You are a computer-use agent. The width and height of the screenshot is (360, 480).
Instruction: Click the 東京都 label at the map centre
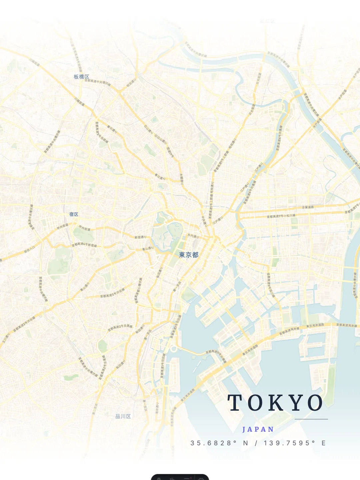(x=189, y=255)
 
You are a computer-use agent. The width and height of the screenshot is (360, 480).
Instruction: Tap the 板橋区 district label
(x=81, y=77)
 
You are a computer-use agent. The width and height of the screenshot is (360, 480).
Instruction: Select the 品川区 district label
(x=123, y=416)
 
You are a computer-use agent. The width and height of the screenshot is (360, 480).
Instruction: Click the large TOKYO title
(x=275, y=403)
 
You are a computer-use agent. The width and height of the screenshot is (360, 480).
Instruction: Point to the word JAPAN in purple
(x=258, y=429)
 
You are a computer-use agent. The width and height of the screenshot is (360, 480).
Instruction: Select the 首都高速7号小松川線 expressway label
(x=281, y=216)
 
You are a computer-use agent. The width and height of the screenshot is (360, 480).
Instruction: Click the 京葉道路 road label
(x=308, y=207)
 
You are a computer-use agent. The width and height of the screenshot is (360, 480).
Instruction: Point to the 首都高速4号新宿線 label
(x=84, y=245)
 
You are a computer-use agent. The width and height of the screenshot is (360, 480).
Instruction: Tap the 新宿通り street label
(x=140, y=237)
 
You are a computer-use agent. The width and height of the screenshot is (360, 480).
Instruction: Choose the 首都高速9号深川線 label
(x=271, y=285)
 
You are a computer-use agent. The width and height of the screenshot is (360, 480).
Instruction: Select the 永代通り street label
(x=193, y=236)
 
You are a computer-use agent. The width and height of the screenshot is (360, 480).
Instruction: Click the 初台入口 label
(x=29, y=249)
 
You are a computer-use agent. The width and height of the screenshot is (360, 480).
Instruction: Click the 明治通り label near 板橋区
(x=131, y=83)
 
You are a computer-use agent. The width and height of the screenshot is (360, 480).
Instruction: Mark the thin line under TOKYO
(x=311, y=419)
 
